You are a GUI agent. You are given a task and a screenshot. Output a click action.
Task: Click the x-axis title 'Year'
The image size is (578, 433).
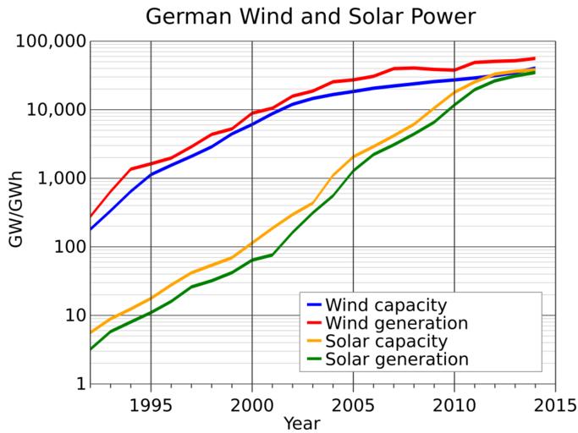(301, 422)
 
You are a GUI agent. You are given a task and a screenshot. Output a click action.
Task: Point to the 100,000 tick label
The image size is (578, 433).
(52, 41)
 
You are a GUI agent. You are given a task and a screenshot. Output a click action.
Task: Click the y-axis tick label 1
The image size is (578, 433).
(79, 384)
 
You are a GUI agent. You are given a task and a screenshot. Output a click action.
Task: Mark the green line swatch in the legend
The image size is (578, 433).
(312, 359)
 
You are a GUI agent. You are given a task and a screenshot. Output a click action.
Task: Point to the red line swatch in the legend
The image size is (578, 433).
(312, 324)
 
